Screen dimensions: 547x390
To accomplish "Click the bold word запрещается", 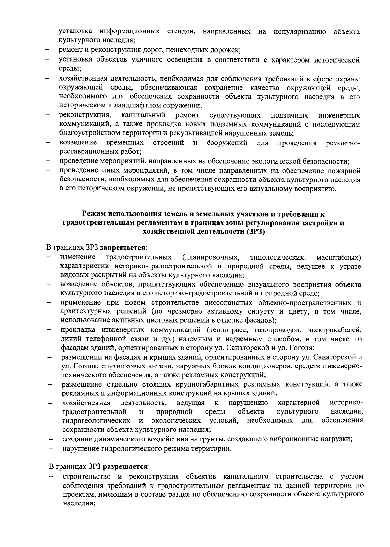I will point(123,248).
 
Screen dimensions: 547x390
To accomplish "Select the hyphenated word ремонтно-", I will point(343,143).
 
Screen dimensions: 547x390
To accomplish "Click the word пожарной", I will point(345,170).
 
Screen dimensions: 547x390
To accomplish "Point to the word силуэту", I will point(260,312).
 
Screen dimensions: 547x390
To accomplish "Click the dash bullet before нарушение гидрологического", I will point(51,449).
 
